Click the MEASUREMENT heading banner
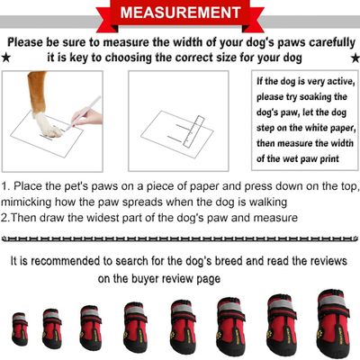coord(180,14)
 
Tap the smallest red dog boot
coord(19,328)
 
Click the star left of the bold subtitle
coord(6,58)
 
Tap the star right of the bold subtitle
coord(354,58)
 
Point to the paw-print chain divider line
coord(180,239)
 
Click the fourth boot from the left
coord(137,324)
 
